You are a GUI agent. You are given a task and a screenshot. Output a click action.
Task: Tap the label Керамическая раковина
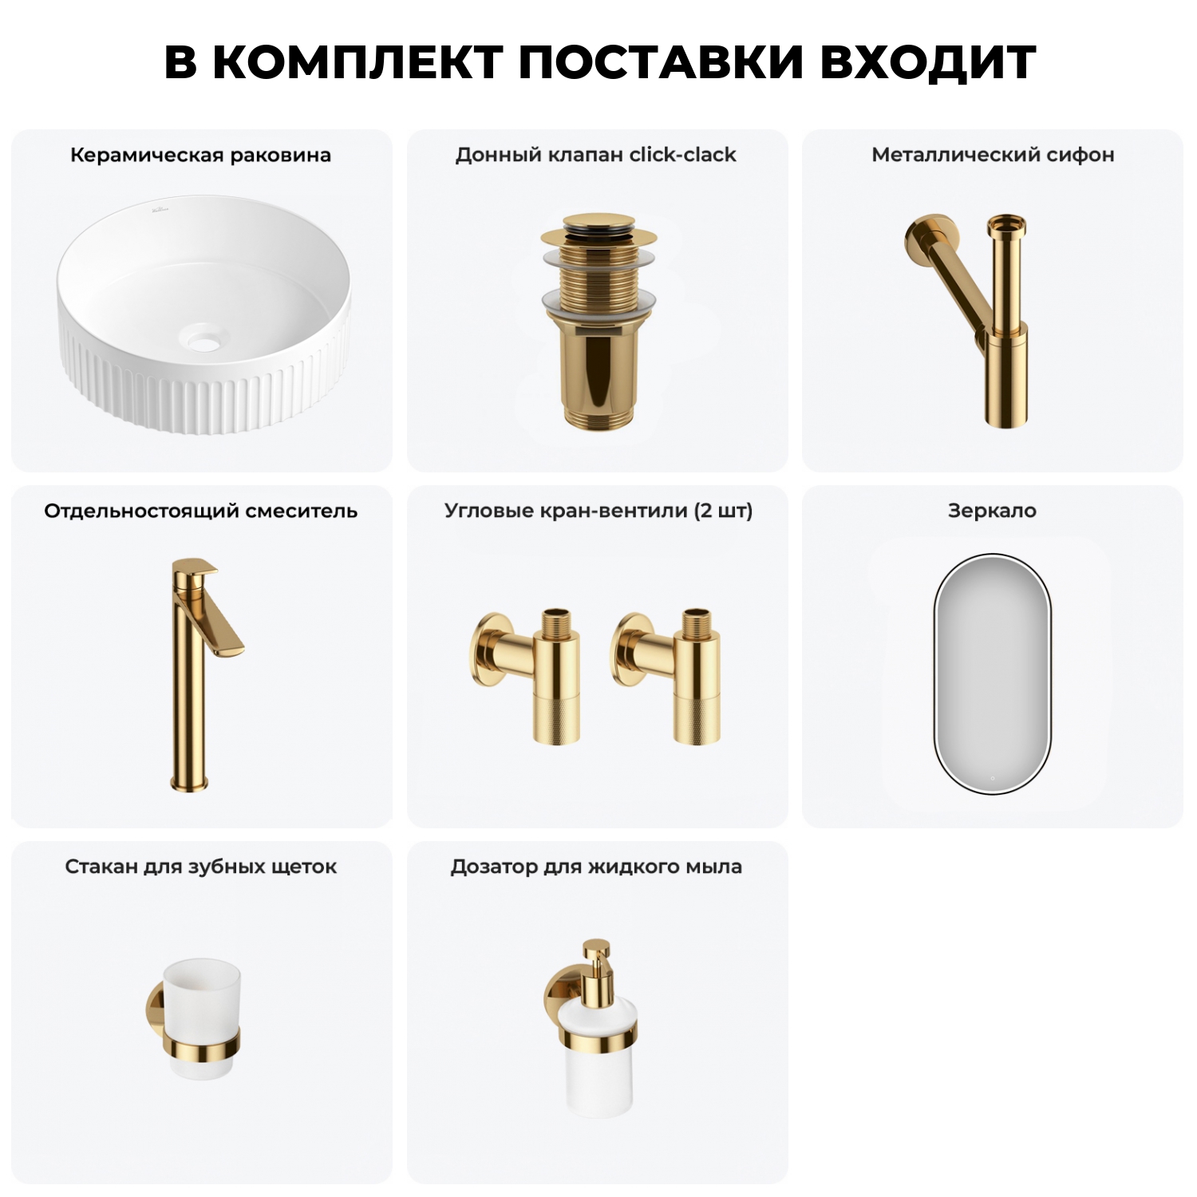[200, 155]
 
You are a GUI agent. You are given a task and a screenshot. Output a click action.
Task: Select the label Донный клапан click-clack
[595, 155]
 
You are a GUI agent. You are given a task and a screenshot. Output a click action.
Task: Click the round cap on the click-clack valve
[598, 224]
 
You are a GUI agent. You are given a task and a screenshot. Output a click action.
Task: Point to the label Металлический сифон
[993, 155]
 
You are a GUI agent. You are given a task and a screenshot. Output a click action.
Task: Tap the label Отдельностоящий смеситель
[200, 511]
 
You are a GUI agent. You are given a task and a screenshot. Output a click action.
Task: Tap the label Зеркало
[992, 511]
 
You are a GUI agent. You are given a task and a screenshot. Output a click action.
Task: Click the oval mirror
[992, 674]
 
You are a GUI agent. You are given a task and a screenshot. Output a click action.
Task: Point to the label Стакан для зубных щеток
[200, 867]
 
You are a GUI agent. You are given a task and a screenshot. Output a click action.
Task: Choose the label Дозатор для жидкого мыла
[596, 867]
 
